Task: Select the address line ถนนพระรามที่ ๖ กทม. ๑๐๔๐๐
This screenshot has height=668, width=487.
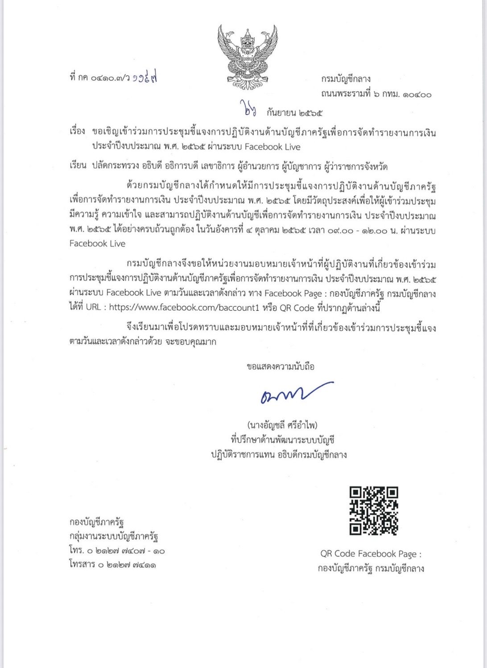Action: tap(376, 94)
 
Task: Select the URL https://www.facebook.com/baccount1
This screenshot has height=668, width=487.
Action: tap(184, 308)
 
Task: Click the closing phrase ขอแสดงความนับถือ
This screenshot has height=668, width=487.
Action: tap(281, 367)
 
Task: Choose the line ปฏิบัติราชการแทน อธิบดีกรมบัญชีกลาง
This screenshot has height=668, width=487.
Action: tap(279, 455)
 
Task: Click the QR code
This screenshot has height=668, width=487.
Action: tap(373, 511)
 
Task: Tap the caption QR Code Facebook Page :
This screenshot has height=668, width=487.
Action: tap(371, 554)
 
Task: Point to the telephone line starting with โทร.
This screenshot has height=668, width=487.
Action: tap(117, 551)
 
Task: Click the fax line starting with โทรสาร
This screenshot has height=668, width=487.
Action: tap(113, 565)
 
